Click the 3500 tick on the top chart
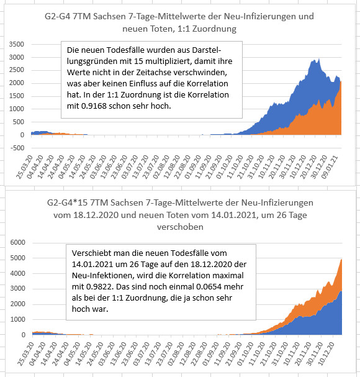17,44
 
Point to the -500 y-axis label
17,148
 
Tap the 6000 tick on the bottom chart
18,242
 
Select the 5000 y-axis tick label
18,258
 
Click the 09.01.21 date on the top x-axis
330,167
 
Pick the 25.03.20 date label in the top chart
24,167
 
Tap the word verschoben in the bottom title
180,227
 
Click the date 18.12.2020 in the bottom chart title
96,215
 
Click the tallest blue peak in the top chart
318,59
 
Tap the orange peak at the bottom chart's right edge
341,260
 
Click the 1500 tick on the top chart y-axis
17,96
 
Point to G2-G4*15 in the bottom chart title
67,202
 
